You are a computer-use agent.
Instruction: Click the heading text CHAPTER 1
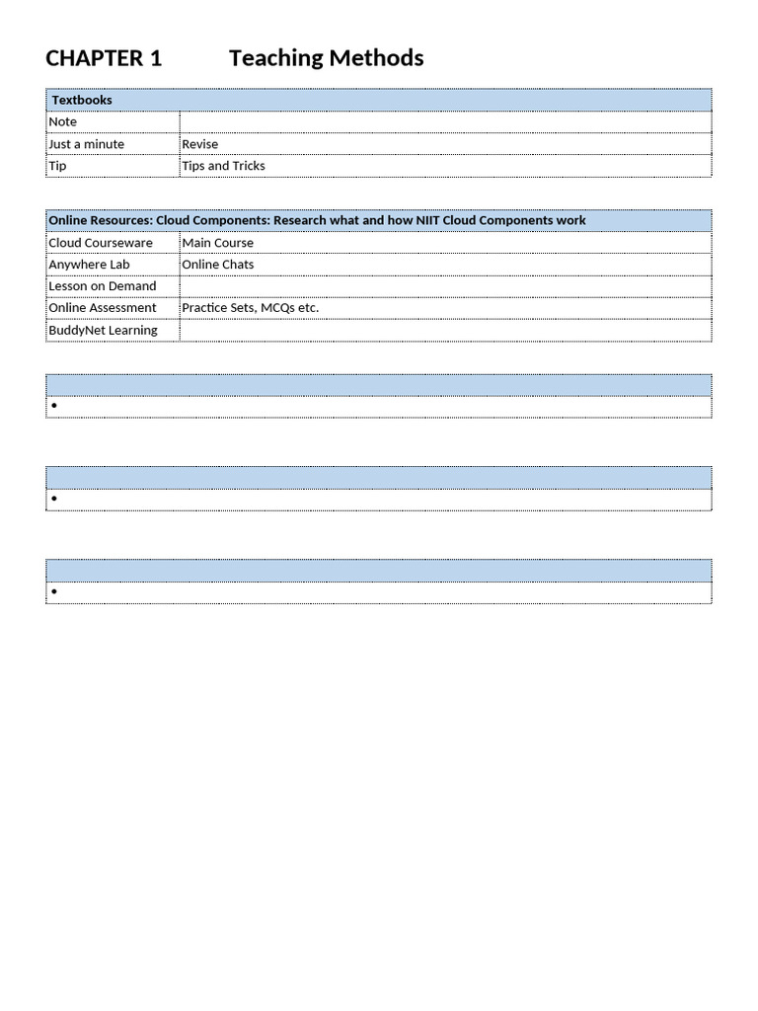[104, 58]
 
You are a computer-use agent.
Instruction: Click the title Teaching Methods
[326, 58]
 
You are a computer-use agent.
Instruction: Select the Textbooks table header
[82, 100]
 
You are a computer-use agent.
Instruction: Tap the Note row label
[63, 121]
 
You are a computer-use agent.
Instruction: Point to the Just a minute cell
[87, 144]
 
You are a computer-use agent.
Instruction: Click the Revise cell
[200, 144]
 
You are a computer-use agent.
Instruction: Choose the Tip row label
[58, 166]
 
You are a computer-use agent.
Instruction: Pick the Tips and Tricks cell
[224, 166]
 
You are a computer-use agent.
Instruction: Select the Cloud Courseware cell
[101, 243]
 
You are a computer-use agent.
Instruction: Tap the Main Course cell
[218, 243]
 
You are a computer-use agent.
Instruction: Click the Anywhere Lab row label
[89, 265]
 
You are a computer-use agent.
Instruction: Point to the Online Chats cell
[218, 265]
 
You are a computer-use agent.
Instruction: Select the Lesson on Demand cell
[103, 286]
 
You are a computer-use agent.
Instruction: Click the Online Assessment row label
[103, 308]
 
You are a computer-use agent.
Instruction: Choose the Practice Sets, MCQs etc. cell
[251, 308]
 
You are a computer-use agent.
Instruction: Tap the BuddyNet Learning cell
[103, 330]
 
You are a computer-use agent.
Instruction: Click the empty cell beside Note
[444, 121]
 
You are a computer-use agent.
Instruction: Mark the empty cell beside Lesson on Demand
[444, 286]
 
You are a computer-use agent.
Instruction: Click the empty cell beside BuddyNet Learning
[444, 330]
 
